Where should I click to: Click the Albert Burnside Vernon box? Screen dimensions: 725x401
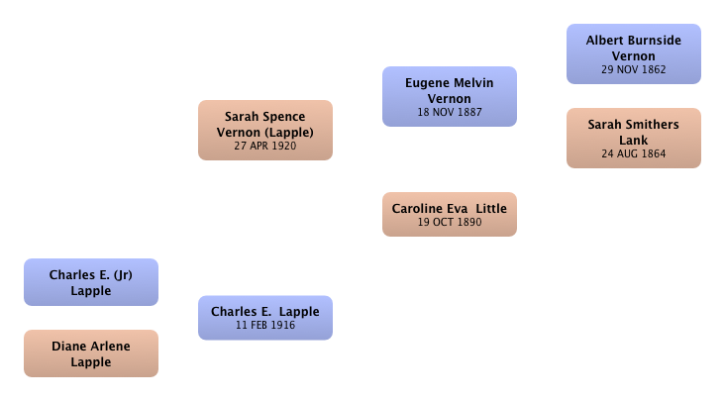tap(634, 54)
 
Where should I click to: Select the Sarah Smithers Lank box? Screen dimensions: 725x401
tap(634, 139)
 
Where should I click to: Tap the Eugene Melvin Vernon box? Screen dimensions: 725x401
tap(450, 97)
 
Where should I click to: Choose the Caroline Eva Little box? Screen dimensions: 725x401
tap(450, 214)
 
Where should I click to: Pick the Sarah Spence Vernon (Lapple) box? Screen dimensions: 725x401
tap(265, 131)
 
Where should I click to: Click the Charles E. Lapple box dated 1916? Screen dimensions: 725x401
tap(265, 318)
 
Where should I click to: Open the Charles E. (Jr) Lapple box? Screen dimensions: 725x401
tap(91, 282)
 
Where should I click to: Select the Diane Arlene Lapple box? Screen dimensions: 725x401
tap(91, 353)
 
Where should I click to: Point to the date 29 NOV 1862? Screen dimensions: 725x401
tap(634, 69)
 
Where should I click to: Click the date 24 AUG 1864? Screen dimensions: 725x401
tap(634, 153)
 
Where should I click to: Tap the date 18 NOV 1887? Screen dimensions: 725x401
tap(450, 112)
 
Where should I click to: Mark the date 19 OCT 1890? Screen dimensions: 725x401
tap(450, 222)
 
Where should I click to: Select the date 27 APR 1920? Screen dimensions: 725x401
tap(264, 146)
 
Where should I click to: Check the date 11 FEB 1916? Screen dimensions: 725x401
tap(265, 325)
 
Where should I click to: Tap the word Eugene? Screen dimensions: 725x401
tap(423, 83)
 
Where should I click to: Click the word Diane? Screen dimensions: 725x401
tap(68, 347)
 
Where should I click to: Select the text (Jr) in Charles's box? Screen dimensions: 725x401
tap(123, 275)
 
